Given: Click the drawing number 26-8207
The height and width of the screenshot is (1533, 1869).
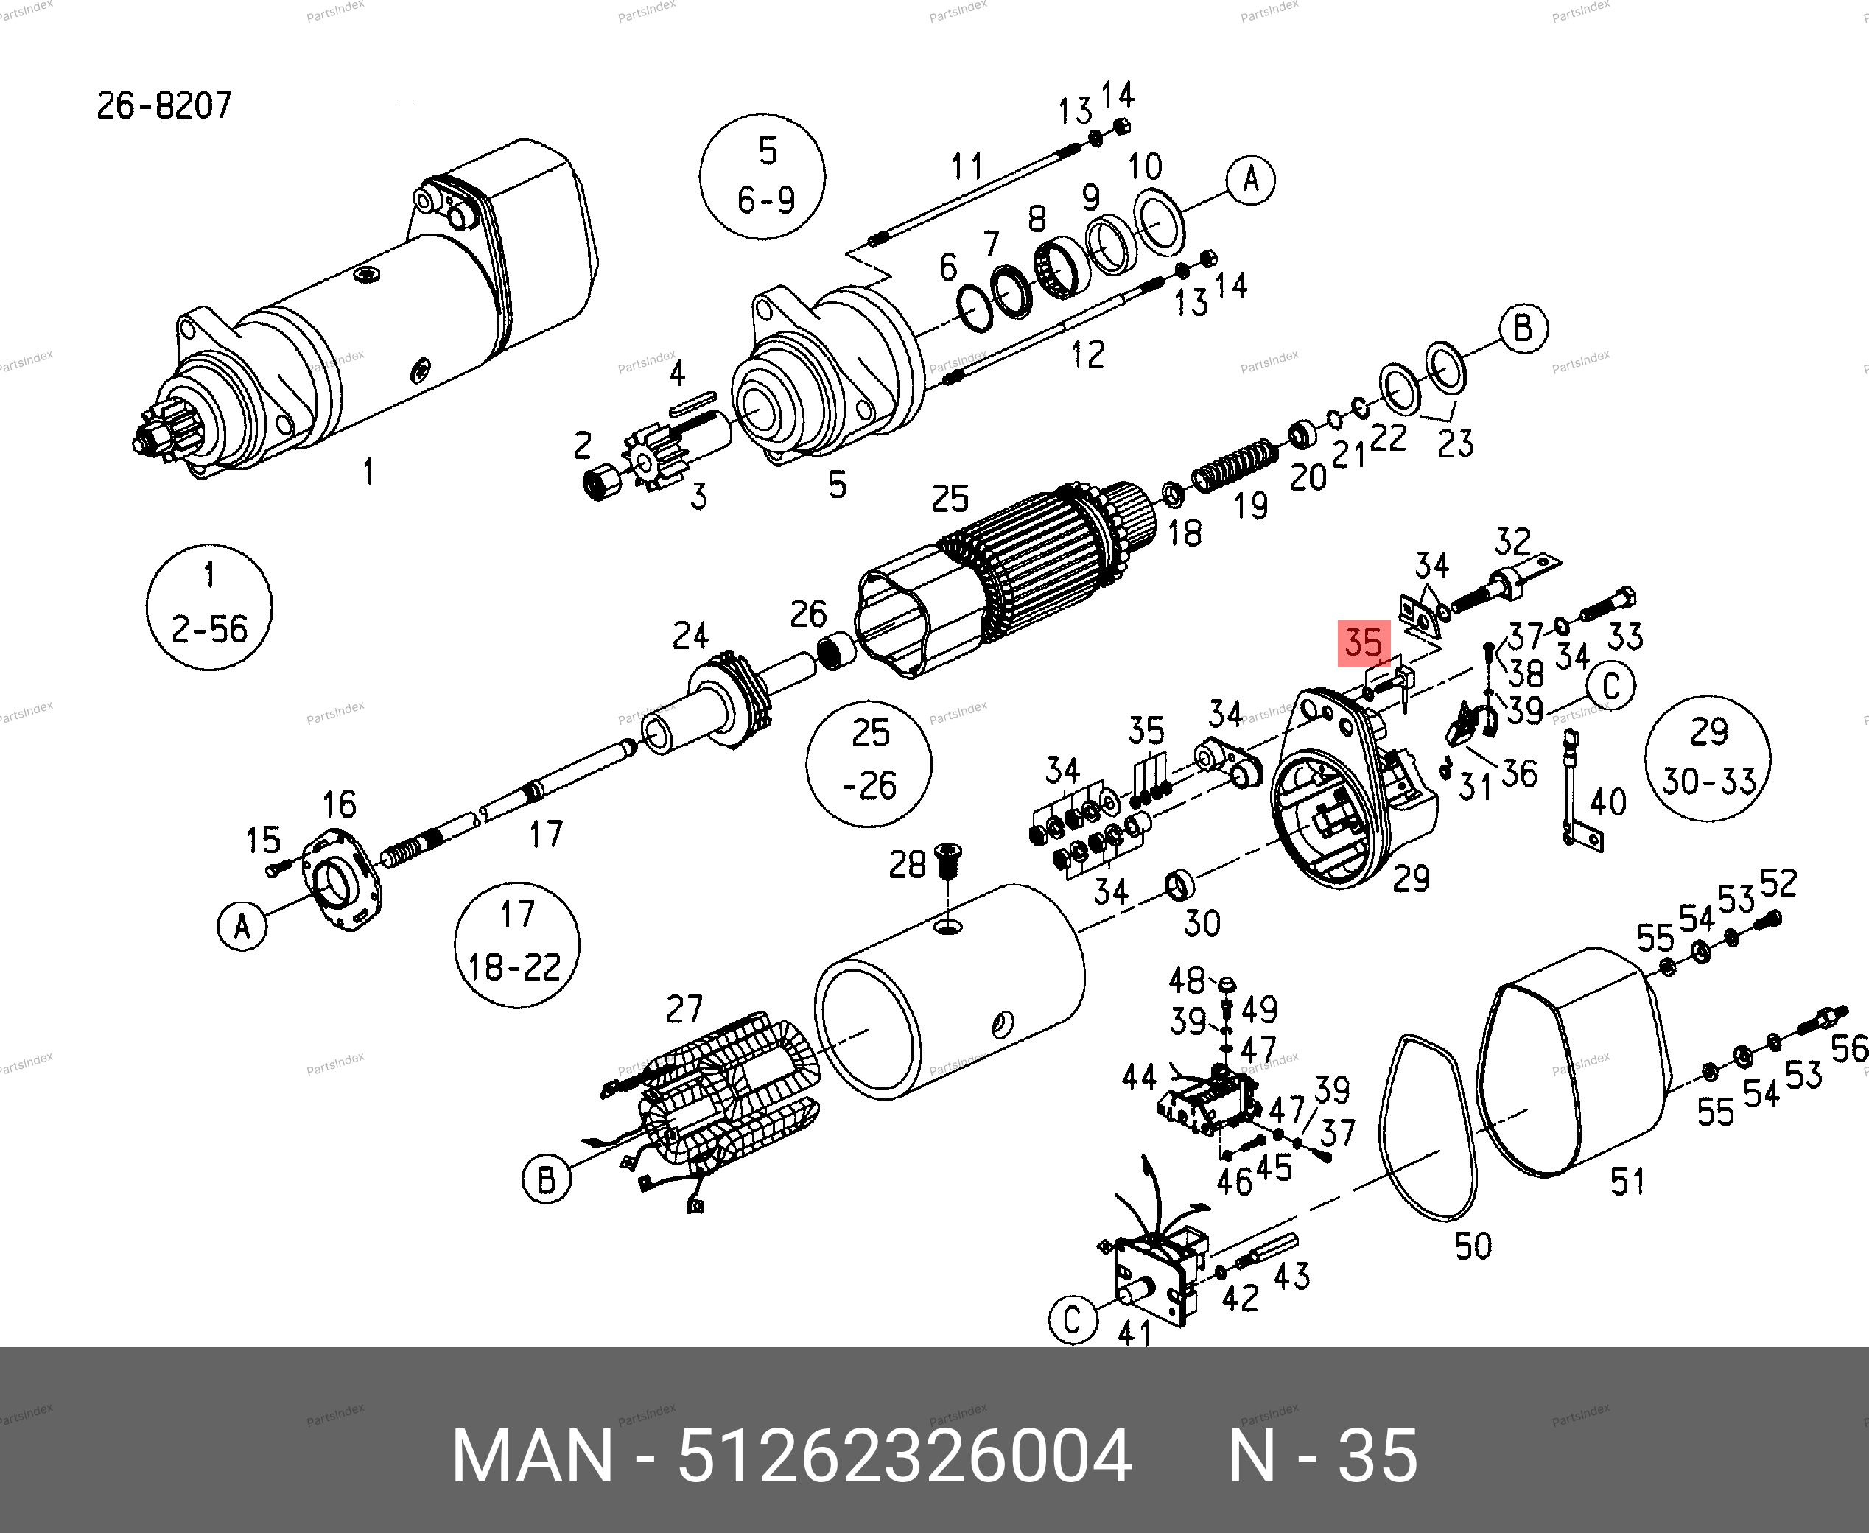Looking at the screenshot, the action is [x=164, y=106].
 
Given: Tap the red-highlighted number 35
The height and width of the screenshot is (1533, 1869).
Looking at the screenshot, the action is [x=1364, y=643].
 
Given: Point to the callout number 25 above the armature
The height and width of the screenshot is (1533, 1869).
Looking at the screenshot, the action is [x=950, y=499].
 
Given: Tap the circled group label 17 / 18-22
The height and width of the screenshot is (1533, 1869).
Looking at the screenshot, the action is [x=516, y=943].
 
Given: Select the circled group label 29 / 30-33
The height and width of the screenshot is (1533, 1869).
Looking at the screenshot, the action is [x=1708, y=758].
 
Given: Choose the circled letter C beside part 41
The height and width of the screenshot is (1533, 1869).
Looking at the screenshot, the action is [x=1073, y=1321].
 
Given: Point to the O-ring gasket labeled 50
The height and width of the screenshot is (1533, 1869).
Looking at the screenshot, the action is [x=1427, y=1127].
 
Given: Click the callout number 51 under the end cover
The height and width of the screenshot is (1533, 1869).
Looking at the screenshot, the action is [x=1627, y=1182].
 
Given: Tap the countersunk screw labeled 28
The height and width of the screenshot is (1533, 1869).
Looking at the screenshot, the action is [x=947, y=861].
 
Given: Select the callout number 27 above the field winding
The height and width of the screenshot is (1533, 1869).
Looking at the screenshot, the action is [x=684, y=1008].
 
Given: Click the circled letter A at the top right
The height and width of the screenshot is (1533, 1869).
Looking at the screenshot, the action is [x=1251, y=180].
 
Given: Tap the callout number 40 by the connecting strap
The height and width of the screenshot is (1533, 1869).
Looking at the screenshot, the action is [x=1607, y=801].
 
